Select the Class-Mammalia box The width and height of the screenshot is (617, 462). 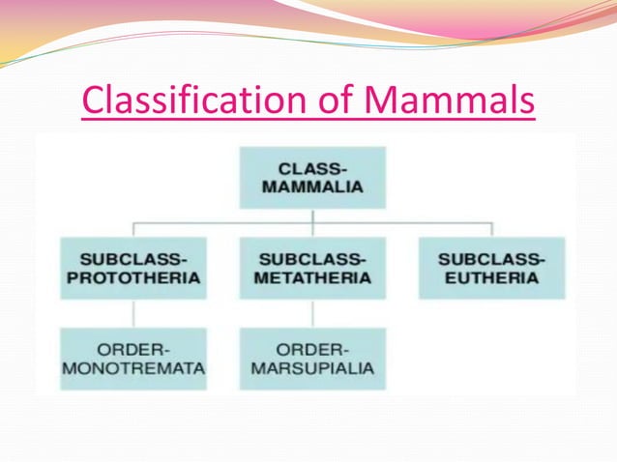pos(312,177)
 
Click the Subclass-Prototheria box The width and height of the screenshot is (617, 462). pos(133,268)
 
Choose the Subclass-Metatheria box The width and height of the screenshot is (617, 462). pos(312,268)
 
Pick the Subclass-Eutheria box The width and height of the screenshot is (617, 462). pos(491,268)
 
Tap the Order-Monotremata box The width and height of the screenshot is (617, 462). pos(133,358)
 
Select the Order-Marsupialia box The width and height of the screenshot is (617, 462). pos(312,358)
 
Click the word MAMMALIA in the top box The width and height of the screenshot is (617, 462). pos(312,188)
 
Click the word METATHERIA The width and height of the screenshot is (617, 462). pos(312,278)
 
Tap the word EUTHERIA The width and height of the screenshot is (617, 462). pos(491,278)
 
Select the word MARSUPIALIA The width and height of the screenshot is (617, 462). pos(312,368)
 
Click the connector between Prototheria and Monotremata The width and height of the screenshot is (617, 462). pos(133,313)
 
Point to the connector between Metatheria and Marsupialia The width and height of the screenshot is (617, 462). pos(312,313)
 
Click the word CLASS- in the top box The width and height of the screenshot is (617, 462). pos(312,166)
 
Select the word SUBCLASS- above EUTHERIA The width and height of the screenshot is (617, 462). pos(491,258)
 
